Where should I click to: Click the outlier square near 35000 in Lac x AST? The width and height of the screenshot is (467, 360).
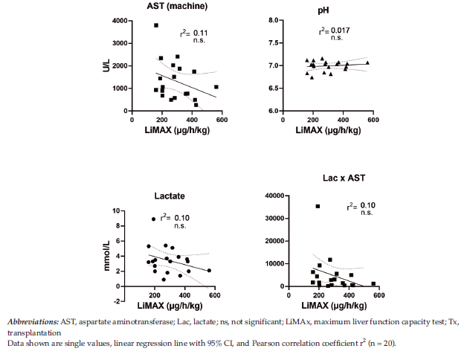(318, 206)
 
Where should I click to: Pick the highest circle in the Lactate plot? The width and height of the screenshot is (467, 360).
(154, 219)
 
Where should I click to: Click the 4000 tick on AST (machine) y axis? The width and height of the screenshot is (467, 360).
(118, 21)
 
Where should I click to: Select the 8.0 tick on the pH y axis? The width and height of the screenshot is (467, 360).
(273, 21)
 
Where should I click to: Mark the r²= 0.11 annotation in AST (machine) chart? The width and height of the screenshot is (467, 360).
(196, 33)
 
